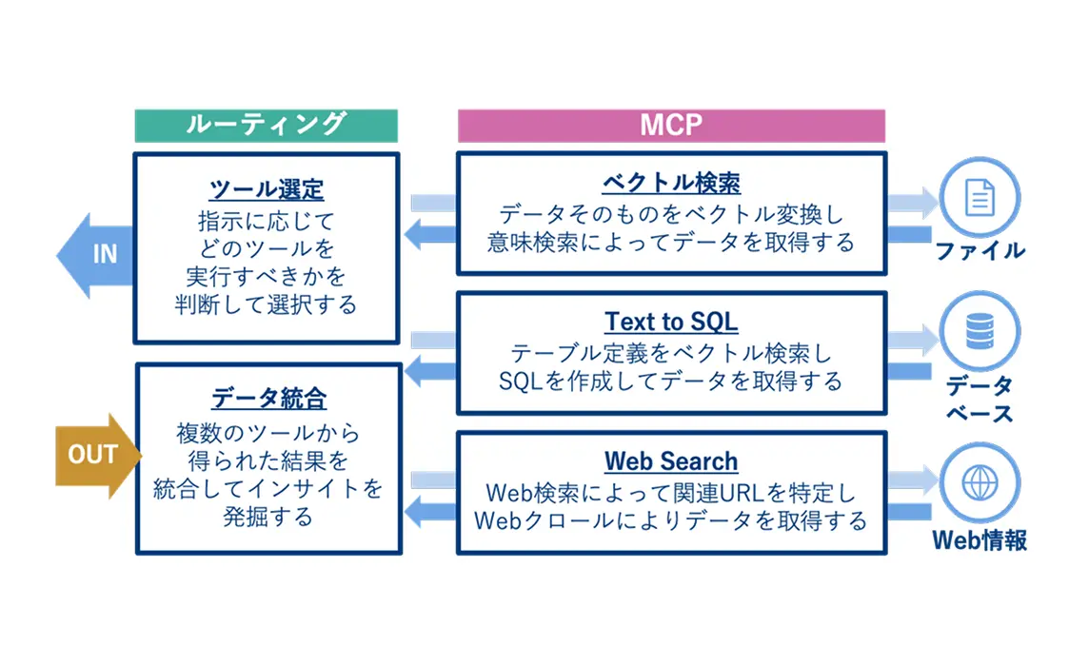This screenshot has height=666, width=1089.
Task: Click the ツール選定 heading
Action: (x=266, y=188)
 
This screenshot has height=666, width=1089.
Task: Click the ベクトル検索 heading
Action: (x=671, y=182)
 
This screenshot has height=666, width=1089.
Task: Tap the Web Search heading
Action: (x=671, y=461)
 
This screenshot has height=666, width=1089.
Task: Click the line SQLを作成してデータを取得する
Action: (x=671, y=382)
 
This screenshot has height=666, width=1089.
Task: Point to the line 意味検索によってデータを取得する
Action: (x=671, y=242)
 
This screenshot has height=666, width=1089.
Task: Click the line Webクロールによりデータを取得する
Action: (x=671, y=521)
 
